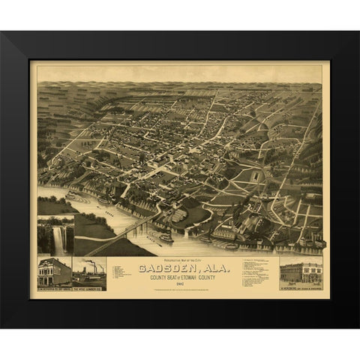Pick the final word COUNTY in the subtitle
coord(230,277)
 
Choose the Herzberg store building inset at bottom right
coord(301,271)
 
